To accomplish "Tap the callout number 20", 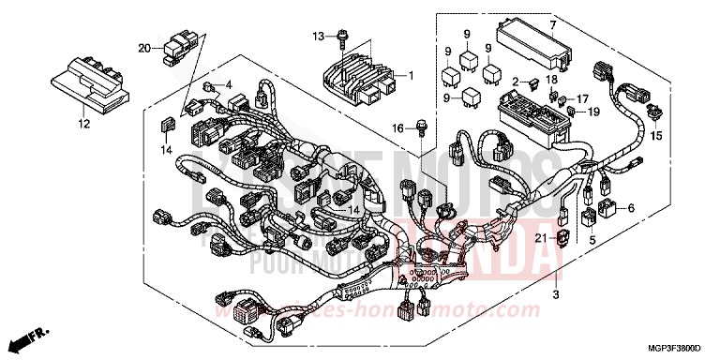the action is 143,47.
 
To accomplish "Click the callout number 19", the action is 593,112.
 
